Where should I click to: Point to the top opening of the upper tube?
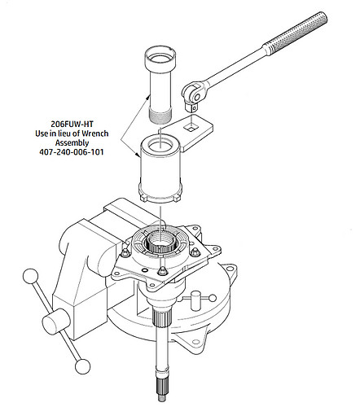pyautogui.click(x=160, y=59)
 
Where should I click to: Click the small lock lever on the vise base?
pyautogui.click(x=195, y=301)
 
